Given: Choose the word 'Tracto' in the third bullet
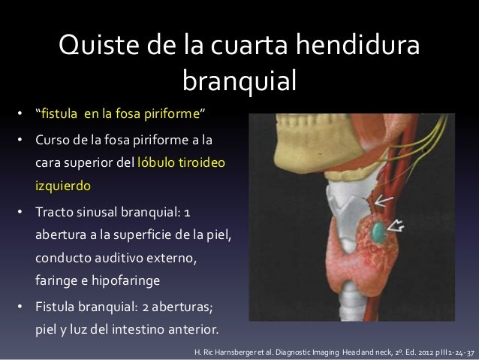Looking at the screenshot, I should point(56,210).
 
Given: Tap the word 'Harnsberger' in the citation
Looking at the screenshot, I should point(245,352).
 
